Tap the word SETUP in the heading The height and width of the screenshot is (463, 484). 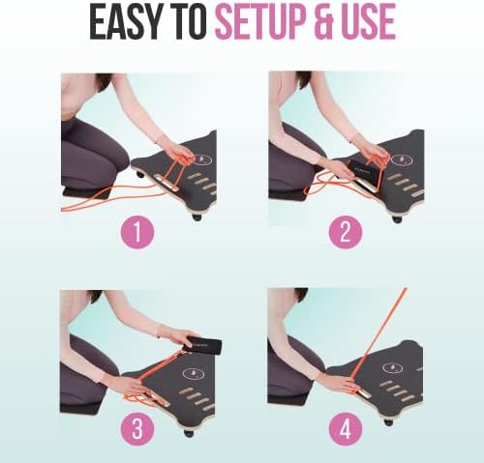(x=259, y=20)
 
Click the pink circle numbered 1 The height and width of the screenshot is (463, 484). (x=137, y=231)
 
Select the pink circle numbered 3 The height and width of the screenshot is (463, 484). (x=137, y=429)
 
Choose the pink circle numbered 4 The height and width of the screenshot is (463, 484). (x=346, y=429)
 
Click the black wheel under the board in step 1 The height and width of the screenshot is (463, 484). (x=197, y=217)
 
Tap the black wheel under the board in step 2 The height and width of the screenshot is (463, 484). (x=397, y=219)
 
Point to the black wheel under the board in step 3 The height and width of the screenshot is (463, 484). (x=189, y=433)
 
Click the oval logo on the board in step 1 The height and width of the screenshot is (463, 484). (x=202, y=159)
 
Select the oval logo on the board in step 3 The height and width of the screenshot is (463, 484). (x=194, y=373)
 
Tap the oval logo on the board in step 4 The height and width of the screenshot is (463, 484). (x=392, y=367)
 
